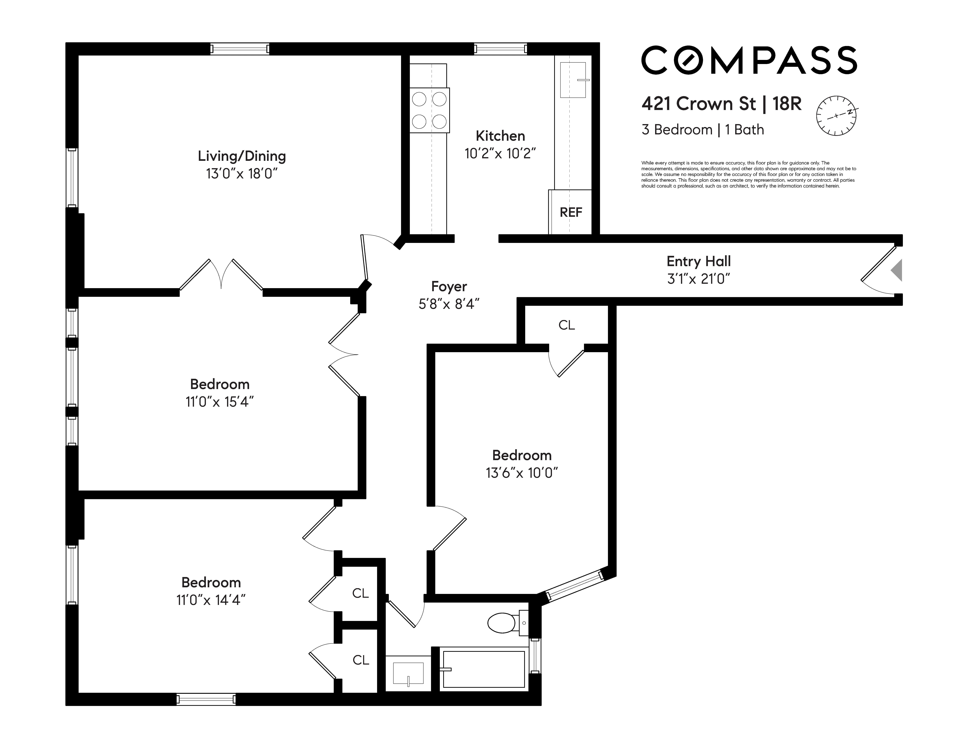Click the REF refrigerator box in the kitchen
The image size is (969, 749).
tap(570, 212)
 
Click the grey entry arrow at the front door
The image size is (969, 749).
tap(897, 270)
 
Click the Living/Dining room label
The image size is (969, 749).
tap(242, 156)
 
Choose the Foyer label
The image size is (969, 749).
tap(449, 287)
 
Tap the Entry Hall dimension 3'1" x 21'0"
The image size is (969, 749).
tap(699, 278)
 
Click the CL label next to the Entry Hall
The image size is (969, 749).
tap(567, 325)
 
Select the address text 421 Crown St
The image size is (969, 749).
tap(699, 104)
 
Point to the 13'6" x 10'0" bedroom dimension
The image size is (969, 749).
tap(522, 473)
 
